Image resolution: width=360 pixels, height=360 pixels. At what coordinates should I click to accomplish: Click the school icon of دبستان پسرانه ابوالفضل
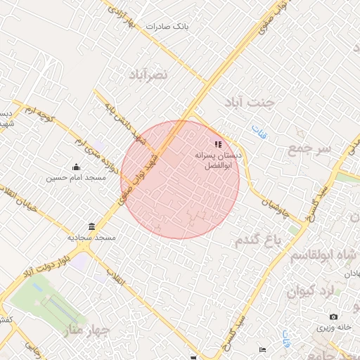click(x=217, y=144)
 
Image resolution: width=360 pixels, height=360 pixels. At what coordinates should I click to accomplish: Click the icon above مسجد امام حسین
click(x=77, y=167)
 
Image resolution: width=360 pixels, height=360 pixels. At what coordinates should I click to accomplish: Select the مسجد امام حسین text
click(x=76, y=178)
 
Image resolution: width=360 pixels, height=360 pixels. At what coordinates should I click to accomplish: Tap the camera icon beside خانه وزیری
click(x=333, y=317)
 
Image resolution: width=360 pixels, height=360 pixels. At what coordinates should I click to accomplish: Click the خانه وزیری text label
click(x=333, y=328)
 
